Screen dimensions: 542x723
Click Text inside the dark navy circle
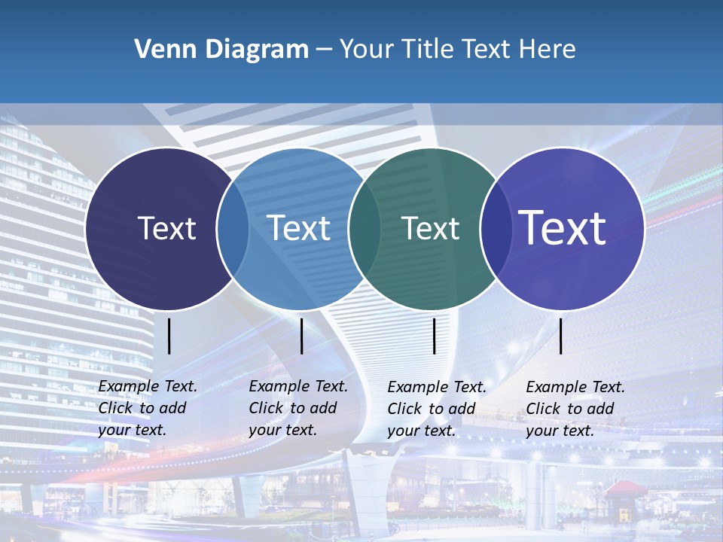[166, 228]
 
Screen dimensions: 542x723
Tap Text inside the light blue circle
[299, 228]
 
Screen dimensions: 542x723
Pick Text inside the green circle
[431, 228]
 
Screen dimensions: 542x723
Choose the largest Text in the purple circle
[563, 227]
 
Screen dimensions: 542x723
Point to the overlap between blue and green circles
[365, 229]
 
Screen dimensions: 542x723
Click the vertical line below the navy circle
[169, 336]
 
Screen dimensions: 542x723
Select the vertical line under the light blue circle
[301, 336]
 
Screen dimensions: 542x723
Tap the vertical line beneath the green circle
[434, 336]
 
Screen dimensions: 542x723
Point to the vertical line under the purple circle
[560, 336]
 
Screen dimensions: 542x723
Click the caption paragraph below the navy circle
[147, 408]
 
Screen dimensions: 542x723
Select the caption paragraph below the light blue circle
[297, 408]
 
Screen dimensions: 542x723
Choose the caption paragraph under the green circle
[436, 409]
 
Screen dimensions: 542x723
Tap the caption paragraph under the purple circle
[575, 409]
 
